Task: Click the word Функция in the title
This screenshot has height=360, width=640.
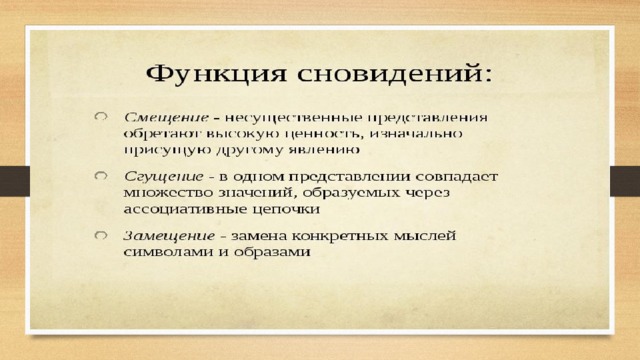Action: coord(216,75)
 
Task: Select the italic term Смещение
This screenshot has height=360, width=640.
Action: coord(166,118)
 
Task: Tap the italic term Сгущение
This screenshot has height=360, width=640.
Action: coord(164,177)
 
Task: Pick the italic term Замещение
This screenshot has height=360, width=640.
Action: coord(169,236)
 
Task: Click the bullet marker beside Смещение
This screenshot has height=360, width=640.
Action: coord(101,117)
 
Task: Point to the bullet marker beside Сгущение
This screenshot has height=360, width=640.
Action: coord(101,176)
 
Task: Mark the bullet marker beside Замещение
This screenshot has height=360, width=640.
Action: coord(101,236)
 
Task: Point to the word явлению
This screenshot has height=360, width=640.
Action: coord(324,150)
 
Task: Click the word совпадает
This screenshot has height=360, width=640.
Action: coord(457,177)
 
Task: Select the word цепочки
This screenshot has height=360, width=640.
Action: coord(285,210)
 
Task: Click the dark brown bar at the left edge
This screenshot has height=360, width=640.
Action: coord(15,181)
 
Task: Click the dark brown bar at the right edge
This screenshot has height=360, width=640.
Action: coord(625,181)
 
